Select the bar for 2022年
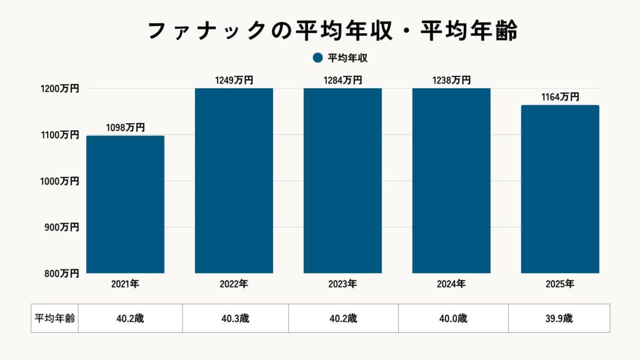234,181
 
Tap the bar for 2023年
342,181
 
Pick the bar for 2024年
451,181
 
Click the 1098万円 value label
125,127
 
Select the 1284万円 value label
342,80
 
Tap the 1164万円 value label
560,97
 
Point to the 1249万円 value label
234,80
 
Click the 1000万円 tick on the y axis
61,181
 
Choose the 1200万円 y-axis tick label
61,89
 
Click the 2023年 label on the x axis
342,284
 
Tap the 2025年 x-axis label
560,284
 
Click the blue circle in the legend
317,58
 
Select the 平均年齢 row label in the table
54,318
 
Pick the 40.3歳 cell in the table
236,318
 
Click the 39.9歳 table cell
559,318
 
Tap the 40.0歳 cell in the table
453,318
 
